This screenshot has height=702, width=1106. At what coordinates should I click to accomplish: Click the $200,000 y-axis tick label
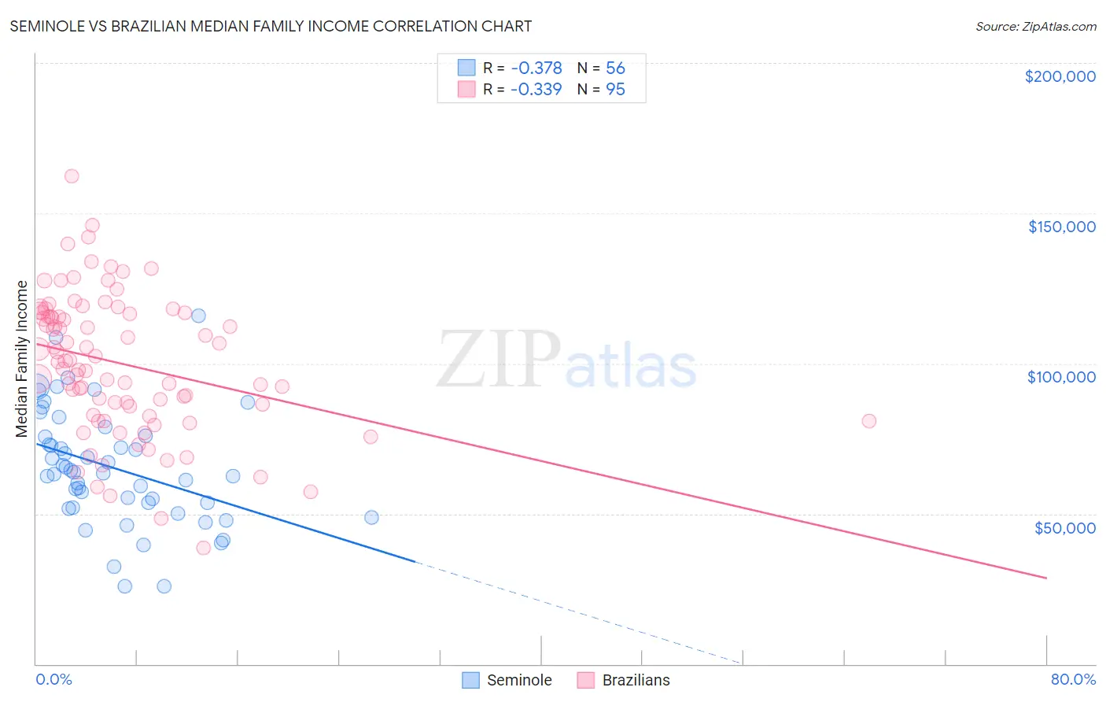(1060, 76)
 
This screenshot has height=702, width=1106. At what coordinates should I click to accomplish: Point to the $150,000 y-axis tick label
(1061, 227)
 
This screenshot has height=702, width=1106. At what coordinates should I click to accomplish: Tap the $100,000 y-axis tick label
(1061, 377)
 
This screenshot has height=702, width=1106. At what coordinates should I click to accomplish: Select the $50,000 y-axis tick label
(1064, 527)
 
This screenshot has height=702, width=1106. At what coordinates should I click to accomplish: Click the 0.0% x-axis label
(53, 679)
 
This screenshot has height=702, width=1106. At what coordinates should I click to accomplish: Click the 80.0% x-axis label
(1073, 679)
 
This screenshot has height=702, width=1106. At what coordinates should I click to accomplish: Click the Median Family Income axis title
(22, 358)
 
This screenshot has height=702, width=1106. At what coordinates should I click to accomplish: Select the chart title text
(271, 26)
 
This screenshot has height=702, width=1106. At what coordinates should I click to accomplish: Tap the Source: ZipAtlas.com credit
(1035, 26)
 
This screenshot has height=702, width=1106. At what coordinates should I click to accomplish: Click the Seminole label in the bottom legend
(519, 680)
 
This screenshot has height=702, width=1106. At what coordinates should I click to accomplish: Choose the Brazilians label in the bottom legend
(636, 680)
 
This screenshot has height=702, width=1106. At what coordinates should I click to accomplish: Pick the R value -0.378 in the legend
(536, 68)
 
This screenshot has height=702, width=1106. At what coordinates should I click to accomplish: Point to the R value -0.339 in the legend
(536, 89)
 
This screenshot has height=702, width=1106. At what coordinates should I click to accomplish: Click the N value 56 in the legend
(615, 68)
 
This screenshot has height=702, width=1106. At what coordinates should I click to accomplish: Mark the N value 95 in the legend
(615, 89)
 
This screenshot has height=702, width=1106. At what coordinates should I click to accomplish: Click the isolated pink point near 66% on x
(868, 421)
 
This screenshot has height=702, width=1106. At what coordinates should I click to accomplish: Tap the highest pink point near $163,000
(72, 176)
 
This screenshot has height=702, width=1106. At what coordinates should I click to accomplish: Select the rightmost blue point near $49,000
(371, 517)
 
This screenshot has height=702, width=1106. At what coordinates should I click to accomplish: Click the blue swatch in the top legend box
(467, 68)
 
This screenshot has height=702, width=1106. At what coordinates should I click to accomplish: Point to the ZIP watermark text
(499, 360)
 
